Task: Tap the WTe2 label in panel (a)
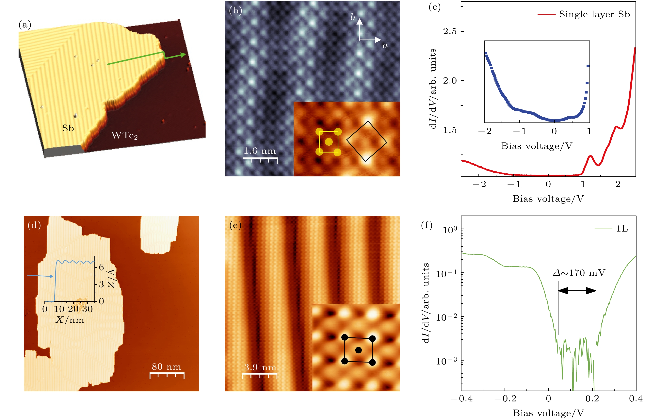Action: [124, 135]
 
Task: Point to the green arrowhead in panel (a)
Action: [183, 55]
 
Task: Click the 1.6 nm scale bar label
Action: [260, 151]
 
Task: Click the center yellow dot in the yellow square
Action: [329, 142]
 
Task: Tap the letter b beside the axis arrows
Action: [353, 17]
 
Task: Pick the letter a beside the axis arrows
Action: [385, 46]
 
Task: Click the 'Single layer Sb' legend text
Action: [594, 14]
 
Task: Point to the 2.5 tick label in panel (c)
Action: [450, 31]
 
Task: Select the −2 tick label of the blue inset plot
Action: [485, 131]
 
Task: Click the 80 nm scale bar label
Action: [166, 367]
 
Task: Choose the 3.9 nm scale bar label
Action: [260, 367]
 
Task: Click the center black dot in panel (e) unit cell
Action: [358, 350]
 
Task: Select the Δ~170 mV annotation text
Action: [579, 273]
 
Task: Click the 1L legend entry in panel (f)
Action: [622, 229]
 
